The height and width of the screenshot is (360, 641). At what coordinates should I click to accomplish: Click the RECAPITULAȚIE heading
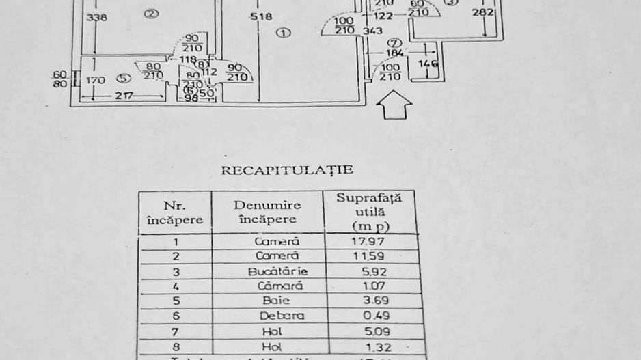[286, 170]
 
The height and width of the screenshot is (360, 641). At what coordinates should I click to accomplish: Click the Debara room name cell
[282, 316]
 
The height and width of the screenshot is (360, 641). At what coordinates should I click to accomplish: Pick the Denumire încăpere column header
[267, 212]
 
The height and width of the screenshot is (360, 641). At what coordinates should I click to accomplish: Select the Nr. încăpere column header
[175, 212]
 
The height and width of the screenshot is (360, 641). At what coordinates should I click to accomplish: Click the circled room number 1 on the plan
[284, 32]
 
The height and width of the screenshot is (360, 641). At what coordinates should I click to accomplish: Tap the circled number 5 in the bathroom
[124, 79]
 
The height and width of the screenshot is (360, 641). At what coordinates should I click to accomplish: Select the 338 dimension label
[97, 17]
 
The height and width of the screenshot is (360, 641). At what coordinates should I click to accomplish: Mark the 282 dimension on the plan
[483, 12]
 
